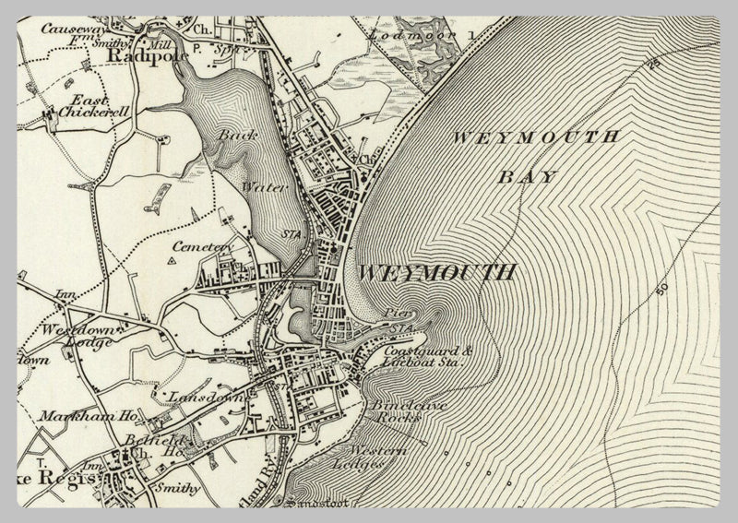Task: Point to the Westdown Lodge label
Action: (x=77, y=335)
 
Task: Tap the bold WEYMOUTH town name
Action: (x=434, y=273)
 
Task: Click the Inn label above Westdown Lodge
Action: (x=65, y=295)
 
